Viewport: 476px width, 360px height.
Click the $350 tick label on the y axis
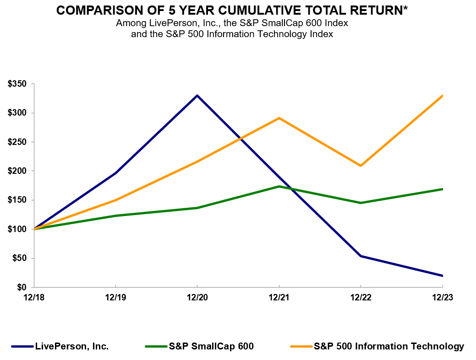click(x=17, y=83)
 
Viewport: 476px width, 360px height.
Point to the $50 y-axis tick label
click(x=19, y=258)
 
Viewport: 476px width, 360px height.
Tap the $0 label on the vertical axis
click(x=21, y=287)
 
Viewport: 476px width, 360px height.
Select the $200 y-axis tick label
click(x=17, y=171)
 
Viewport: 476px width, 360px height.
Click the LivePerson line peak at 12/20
click(x=197, y=95)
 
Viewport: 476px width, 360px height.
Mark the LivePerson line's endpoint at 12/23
click(x=442, y=276)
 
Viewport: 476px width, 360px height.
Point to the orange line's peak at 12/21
click(x=279, y=118)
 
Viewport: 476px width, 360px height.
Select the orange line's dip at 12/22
click(x=361, y=166)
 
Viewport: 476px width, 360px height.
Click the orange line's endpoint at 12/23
click(x=442, y=95)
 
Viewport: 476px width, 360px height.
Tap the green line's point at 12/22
click(x=361, y=203)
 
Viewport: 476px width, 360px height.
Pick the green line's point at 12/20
click(x=197, y=208)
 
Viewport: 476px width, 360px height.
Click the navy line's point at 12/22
click(x=361, y=256)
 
